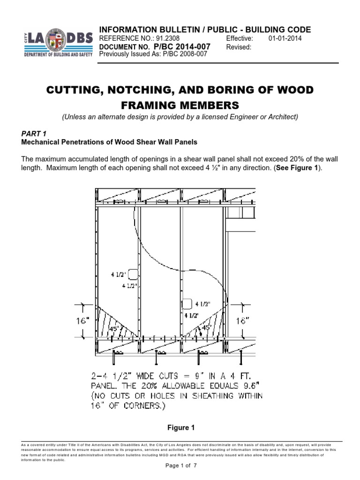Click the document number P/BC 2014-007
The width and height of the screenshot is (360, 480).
click(181, 47)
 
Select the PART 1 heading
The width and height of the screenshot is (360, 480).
click(35, 133)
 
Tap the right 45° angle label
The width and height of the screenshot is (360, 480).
click(206, 327)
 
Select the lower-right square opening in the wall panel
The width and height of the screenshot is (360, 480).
click(187, 304)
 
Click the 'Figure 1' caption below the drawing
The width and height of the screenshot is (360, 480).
click(180, 427)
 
